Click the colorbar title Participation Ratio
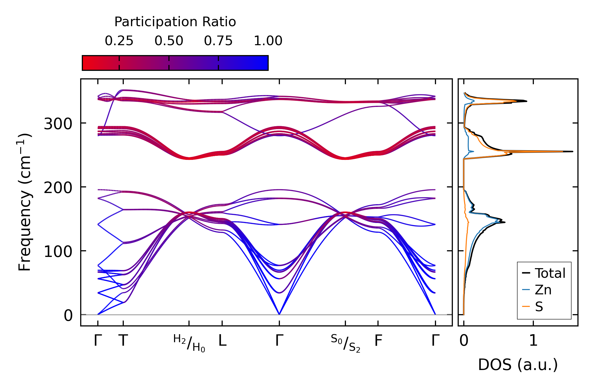point(175,22)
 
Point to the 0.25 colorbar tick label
point(119,41)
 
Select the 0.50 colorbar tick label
point(169,41)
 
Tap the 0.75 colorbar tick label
point(218,41)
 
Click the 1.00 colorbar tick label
point(268,41)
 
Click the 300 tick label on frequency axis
point(58,124)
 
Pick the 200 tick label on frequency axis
point(58,188)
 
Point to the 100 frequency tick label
point(58,252)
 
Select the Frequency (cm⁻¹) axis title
point(25,202)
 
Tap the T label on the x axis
point(123,341)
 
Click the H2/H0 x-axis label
point(189,343)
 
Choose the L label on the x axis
point(222,341)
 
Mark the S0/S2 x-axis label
point(345,343)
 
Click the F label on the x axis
point(378,341)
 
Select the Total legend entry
point(550,273)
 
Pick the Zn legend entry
point(543,290)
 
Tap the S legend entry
point(539,307)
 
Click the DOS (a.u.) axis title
point(518,365)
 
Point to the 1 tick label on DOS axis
point(533,341)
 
